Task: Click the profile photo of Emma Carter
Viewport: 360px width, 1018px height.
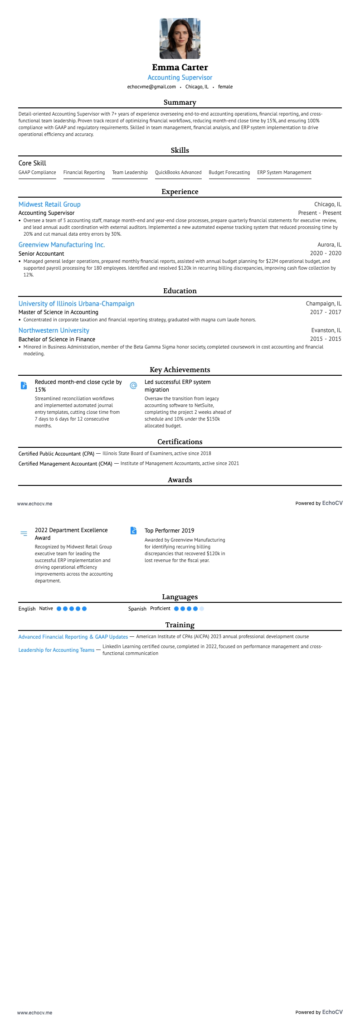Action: click(x=180, y=39)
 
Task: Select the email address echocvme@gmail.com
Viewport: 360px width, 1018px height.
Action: click(x=151, y=87)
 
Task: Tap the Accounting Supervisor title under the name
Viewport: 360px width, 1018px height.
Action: click(x=180, y=78)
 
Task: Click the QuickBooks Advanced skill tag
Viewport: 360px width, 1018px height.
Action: click(x=178, y=172)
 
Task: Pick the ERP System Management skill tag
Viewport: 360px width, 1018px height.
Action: click(x=284, y=172)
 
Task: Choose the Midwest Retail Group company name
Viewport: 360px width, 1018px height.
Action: click(x=49, y=204)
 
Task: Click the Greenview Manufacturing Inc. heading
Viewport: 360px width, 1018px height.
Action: click(x=62, y=245)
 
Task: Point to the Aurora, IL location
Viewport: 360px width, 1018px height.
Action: click(x=329, y=245)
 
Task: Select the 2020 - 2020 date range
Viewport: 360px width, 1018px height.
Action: click(x=326, y=253)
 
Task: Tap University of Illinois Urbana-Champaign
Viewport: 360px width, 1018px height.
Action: click(x=76, y=304)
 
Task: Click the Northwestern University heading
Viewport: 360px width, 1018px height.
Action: click(x=54, y=330)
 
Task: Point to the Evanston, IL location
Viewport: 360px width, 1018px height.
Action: click(x=326, y=330)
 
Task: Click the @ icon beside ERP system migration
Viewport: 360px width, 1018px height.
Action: click(x=133, y=386)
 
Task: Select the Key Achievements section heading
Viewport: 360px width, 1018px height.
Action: click(x=180, y=370)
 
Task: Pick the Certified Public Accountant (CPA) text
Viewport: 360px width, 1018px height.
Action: click(x=56, y=454)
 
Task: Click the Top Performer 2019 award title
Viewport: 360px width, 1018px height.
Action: click(x=169, y=530)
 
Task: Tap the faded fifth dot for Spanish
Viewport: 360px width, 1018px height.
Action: click(x=202, y=609)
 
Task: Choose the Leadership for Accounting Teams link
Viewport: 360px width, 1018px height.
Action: click(x=56, y=650)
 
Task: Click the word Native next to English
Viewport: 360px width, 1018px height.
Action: click(x=46, y=609)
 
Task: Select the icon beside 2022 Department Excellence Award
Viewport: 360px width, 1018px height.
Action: click(x=24, y=534)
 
